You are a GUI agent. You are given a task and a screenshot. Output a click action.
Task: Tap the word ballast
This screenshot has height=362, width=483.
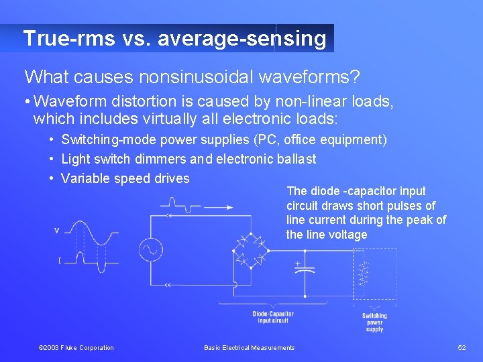[296, 160]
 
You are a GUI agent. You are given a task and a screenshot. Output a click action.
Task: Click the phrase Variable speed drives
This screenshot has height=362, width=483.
[125, 178]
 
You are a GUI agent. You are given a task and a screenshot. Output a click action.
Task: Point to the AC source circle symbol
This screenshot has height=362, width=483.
[151, 250]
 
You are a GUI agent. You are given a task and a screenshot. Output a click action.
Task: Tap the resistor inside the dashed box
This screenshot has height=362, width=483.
[365, 272]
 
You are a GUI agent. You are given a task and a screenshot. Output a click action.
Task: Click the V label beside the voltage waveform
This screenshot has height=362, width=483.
[56, 231]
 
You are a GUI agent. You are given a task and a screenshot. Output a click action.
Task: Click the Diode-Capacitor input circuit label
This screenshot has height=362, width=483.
[273, 317]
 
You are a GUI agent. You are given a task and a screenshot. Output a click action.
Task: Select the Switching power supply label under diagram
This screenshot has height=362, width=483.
[374, 322]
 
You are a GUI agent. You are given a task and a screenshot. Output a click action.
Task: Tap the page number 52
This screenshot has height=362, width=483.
[462, 347]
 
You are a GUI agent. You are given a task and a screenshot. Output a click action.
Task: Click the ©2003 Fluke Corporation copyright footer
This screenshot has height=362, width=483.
[76, 347]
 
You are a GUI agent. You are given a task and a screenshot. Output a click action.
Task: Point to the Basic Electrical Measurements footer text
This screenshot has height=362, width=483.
[249, 347]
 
